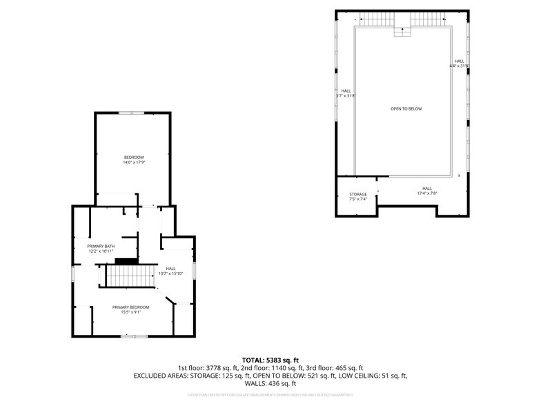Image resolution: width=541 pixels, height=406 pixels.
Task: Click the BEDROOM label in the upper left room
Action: pos(134,157)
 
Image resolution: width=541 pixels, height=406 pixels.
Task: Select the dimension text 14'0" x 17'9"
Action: pos(134,162)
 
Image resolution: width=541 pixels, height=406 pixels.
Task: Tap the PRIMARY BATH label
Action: pos(101,246)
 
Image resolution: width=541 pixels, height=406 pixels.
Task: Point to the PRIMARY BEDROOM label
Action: pos(130,307)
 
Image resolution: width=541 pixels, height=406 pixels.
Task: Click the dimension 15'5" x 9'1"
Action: pos(130,311)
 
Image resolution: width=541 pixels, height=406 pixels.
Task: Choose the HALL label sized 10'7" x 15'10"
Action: pos(170,269)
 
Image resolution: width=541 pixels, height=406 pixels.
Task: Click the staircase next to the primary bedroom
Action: pos(129,278)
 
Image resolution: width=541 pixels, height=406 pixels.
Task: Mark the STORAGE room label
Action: pos(357,194)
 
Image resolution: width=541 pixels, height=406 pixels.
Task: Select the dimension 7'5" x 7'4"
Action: pos(357,199)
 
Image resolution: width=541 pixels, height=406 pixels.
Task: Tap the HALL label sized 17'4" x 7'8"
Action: pos(427,188)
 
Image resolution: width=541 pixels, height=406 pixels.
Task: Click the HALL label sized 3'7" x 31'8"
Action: pos(346,91)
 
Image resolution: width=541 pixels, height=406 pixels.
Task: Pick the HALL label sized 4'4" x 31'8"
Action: pos(459,61)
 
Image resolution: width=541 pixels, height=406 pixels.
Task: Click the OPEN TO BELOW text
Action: pos(406,109)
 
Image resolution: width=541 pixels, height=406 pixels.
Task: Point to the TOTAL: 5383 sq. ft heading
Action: pos(270,360)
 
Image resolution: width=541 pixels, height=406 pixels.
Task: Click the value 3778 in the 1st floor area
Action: pos(218,368)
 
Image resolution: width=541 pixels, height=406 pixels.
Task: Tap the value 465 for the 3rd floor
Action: pos(341,368)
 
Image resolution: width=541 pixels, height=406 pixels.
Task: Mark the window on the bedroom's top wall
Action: pos(131,113)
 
